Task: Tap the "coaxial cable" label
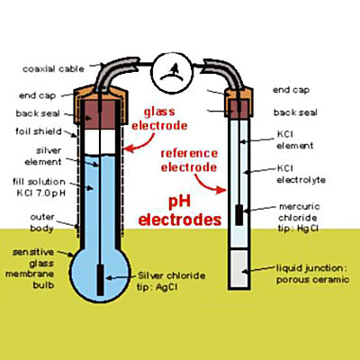pos(53,69)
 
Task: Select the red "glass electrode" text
pos(159,119)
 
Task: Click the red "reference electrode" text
pos(189,160)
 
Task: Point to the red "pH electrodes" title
pos(180,211)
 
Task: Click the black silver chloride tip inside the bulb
pos(101,280)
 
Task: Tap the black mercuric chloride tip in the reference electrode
pos(238,215)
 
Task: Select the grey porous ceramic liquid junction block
pos(239,269)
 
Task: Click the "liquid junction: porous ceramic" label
pos(312,274)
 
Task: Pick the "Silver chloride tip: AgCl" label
pos(171,282)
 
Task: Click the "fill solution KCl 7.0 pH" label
pos(40,187)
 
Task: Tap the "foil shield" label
pos(39,131)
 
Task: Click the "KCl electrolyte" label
pos(301,174)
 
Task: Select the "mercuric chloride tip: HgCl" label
pos(299,218)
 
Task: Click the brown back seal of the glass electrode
pos(100,115)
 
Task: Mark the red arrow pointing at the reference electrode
pos(209,184)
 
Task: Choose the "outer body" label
pos(42,222)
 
